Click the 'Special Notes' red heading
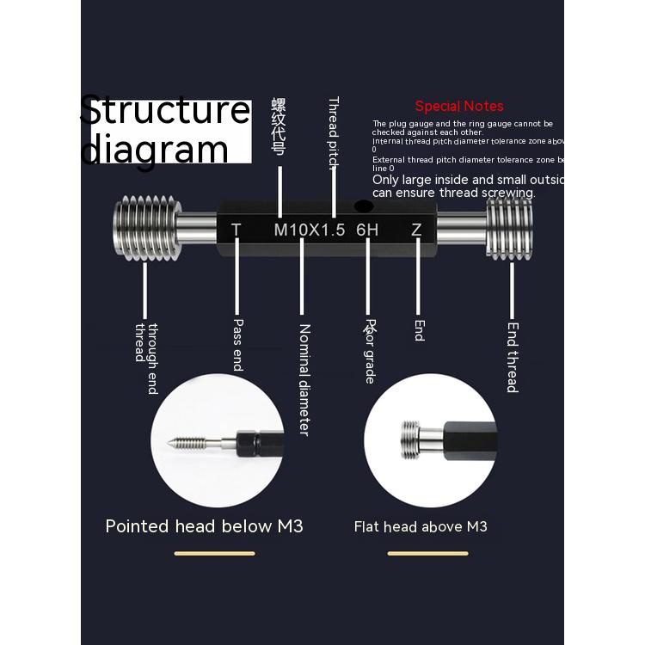coord(458,106)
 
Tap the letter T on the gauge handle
coord(236,230)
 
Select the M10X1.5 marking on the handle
coord(309,230)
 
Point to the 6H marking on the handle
coord(367,230)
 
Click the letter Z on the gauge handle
coord(416,230)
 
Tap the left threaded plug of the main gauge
coord(146,229)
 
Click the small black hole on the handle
coord(364,206)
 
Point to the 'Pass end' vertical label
coord(238,345)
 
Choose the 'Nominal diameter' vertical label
coord(304,378)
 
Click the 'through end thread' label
coord(146,358)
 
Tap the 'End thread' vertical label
coord(513,357)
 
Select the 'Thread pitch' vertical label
coord(334,133)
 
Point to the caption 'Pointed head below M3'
coord(204,525)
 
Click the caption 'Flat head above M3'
coord(421,525)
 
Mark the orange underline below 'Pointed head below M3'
coord(214,553)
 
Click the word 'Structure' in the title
coord(165,112)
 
